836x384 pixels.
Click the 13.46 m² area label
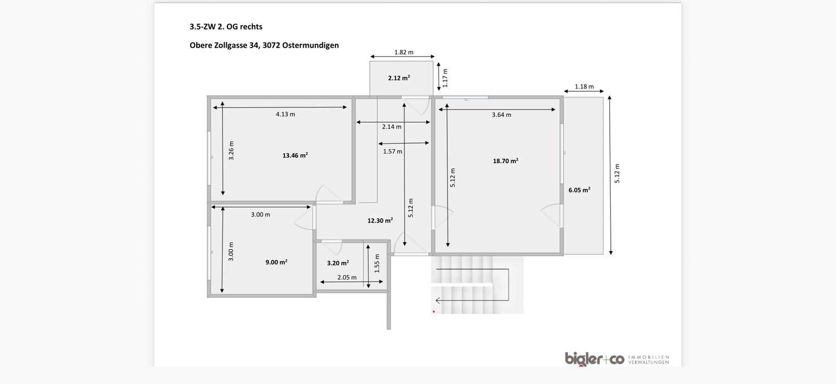[295, 156]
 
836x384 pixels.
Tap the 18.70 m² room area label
[506, 161]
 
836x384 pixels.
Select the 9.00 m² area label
[276, 262]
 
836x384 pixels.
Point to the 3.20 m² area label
[338, 263]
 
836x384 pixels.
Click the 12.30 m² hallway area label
[380, 220]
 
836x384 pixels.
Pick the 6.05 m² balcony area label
[579, 190]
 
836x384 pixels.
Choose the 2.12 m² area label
[399, 78]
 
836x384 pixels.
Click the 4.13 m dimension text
[285, 115]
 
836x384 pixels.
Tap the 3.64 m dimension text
[501, 115]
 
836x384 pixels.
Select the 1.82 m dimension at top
[404, 52]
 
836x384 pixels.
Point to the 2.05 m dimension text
[347, 278]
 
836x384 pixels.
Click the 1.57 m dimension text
[392, 151]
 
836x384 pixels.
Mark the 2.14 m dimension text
[392, 127]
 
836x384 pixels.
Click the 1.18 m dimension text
[584, 87]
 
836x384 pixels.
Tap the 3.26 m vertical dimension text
[231, 151]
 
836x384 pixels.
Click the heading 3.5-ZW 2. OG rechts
[226, 26]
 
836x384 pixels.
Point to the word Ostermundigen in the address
[311, 46]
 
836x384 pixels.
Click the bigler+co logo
[594, 359]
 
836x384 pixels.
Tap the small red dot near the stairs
[434, 312]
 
